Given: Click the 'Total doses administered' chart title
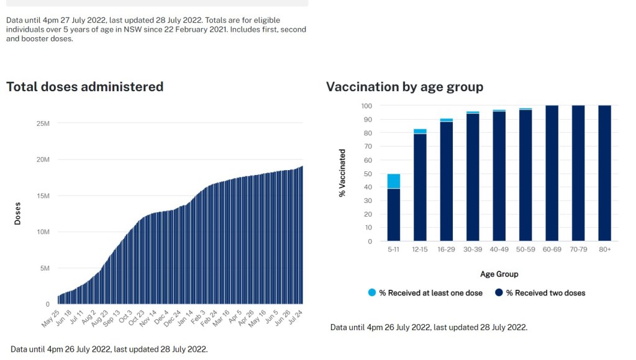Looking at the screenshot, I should coord(84,87).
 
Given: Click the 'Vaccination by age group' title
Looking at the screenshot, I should coord(404,87).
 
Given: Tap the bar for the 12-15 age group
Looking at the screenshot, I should coord(420,186).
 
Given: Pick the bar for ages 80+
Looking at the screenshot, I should coord(604,174).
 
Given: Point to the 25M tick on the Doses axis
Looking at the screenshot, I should coord(43,124).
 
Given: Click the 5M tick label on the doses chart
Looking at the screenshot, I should coord(45,268).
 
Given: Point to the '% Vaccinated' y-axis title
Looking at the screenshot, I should coord(342,173).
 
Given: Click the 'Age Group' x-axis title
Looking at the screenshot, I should coord(499,274).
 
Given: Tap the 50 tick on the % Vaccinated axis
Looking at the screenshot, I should coord(367,173).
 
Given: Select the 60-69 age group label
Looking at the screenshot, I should coord(552,250).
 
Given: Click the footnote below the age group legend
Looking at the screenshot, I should coord(429,327).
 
